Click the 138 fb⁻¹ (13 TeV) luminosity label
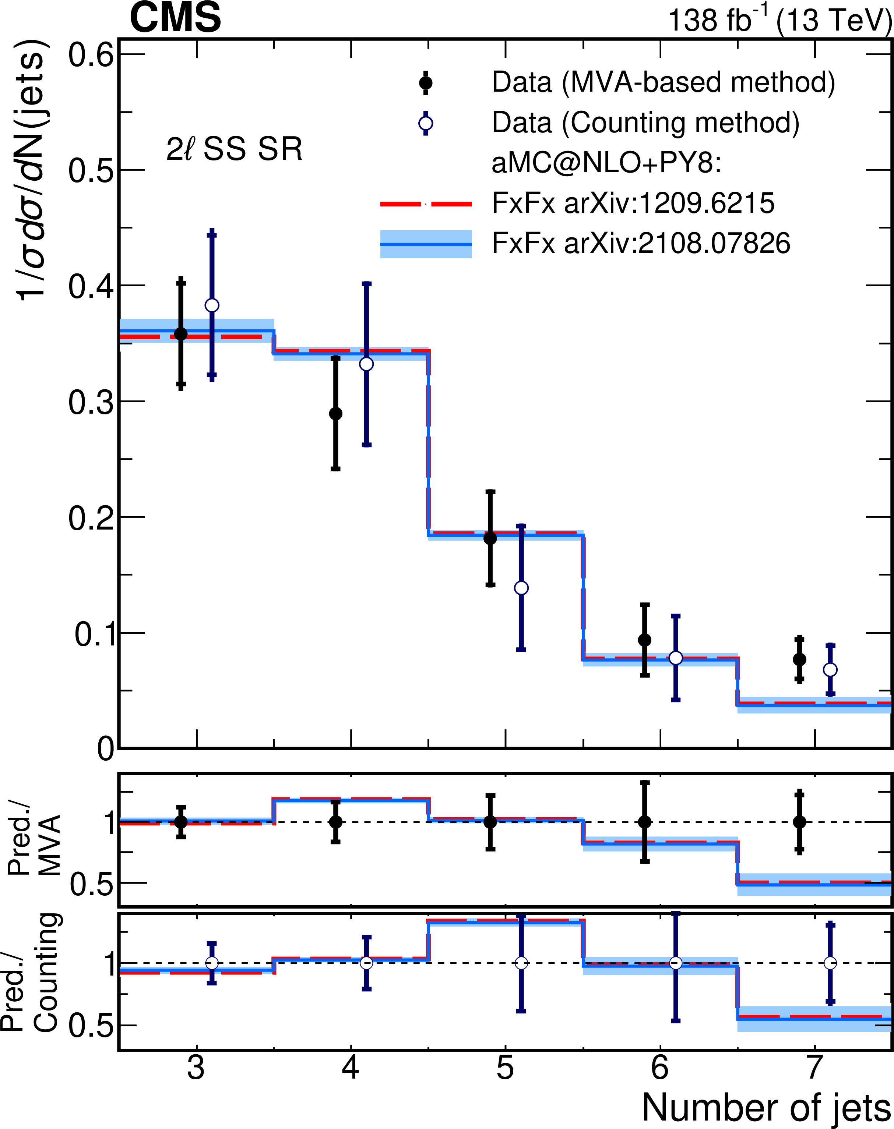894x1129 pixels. tap(779, 21)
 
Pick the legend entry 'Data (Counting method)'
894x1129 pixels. tap(645, 123)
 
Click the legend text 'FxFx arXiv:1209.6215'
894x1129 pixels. tap(633, 203)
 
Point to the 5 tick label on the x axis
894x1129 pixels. tap(505, 1082)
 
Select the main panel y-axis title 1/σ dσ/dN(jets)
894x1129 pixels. tap(32, 170)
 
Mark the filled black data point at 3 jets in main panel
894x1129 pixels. tap(180, 334)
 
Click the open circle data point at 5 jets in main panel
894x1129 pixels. tap(521, 588)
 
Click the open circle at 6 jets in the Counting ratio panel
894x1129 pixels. tap(676, 963)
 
